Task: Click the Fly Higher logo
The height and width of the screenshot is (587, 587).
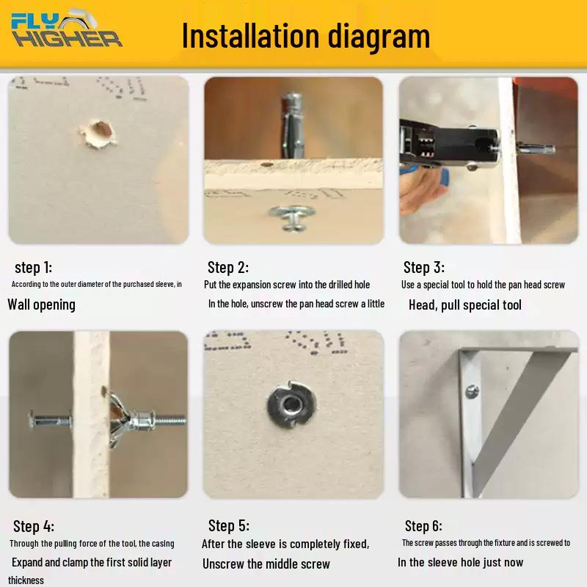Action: (67, 29)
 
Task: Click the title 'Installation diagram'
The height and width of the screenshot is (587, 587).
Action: (306, 36)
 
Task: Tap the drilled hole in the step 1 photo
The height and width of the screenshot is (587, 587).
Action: (99, 134)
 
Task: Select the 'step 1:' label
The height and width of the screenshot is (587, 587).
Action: (33, 267)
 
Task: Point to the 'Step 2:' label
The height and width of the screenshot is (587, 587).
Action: (228, 267)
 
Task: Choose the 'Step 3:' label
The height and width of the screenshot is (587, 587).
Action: (424, 267)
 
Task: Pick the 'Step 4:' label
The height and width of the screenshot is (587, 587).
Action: (34, 526)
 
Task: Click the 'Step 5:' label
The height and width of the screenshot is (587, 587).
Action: (229, 525)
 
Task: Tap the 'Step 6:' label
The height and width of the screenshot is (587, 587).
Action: (423, 525)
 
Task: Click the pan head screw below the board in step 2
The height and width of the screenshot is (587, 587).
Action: (292, 217)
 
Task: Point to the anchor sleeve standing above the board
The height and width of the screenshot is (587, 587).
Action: (293, 125)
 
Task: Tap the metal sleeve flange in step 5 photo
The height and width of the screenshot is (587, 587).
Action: (291, 406)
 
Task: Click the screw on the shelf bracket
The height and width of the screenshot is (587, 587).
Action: (472, 392)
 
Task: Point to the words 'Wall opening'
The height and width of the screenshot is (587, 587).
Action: (42, 305)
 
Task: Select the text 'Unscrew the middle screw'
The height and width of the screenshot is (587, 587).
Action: (266, 564)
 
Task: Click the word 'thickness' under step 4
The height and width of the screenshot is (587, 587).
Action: (26, 580)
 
